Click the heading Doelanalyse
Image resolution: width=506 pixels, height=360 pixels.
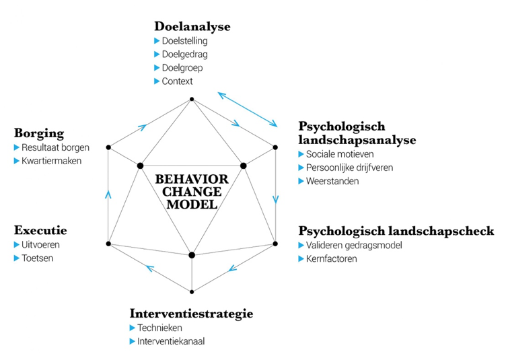(x=192, y=27)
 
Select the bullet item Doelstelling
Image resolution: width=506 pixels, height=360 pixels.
(x=184, y=41)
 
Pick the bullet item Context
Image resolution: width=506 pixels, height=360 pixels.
(x=177, y=81)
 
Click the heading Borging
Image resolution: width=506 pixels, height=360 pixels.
(x=39, y=133)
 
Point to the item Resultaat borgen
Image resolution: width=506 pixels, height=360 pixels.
(x=55, y=147)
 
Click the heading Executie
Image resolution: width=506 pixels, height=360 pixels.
(x=40, y=231)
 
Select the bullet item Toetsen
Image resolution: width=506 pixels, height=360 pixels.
(x=37, y=258)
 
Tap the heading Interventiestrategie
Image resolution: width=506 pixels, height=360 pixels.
(x=191, y=314)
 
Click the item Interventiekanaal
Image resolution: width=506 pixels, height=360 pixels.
(x=171, y=341)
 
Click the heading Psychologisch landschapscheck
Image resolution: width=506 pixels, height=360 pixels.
(x=396, y=231)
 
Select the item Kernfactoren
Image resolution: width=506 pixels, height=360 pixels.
(x=332, y=258)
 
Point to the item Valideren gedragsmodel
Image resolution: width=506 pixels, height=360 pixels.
(x=356, y=245)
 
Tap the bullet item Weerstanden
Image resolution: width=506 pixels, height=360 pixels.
(x=332, y=181)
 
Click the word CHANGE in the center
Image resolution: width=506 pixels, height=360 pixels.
(x=192, y=192)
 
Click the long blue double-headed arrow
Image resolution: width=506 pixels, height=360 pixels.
(x=247, y=108)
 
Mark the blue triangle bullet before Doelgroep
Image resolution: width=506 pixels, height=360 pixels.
(x=157, y=68)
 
